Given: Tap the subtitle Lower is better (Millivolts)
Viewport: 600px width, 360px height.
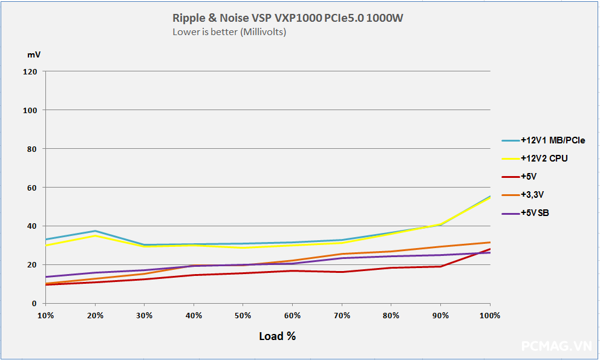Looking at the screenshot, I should (x=229, y=32).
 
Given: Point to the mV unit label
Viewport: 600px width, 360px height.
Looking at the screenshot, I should (x=34, y=54).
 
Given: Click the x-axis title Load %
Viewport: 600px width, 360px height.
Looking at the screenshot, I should (x=277, y=336).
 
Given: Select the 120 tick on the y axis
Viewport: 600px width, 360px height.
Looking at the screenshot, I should (x=30, y=71).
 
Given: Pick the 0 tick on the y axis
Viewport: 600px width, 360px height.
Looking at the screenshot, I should (x=34, y=304).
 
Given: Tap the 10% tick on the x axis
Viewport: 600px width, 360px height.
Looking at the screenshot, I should (x=45, y=315).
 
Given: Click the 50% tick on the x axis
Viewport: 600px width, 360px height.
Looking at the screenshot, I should (x=243, y=315).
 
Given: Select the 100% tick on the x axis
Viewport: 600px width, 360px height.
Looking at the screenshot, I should (x=489, y=315).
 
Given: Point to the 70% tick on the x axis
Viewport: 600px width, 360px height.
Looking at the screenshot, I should (x=342, y=315).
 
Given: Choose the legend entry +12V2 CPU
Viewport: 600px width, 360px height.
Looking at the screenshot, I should (x=544, y=159).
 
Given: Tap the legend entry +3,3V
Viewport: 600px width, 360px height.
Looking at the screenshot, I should (x=532, y=195).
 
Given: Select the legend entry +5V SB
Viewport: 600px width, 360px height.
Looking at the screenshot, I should (x=535, y=213).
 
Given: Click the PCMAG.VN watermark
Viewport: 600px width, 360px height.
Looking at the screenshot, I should (x=556, y=345).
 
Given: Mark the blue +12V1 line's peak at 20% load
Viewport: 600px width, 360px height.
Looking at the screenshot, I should (x=95, y=231).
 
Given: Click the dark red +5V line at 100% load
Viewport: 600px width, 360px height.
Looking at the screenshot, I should (x=489, y=249).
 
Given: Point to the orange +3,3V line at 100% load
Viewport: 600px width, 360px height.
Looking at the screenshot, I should (x=489, y=243).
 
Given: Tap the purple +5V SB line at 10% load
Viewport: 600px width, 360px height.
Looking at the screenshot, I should (x=45, y=277).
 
